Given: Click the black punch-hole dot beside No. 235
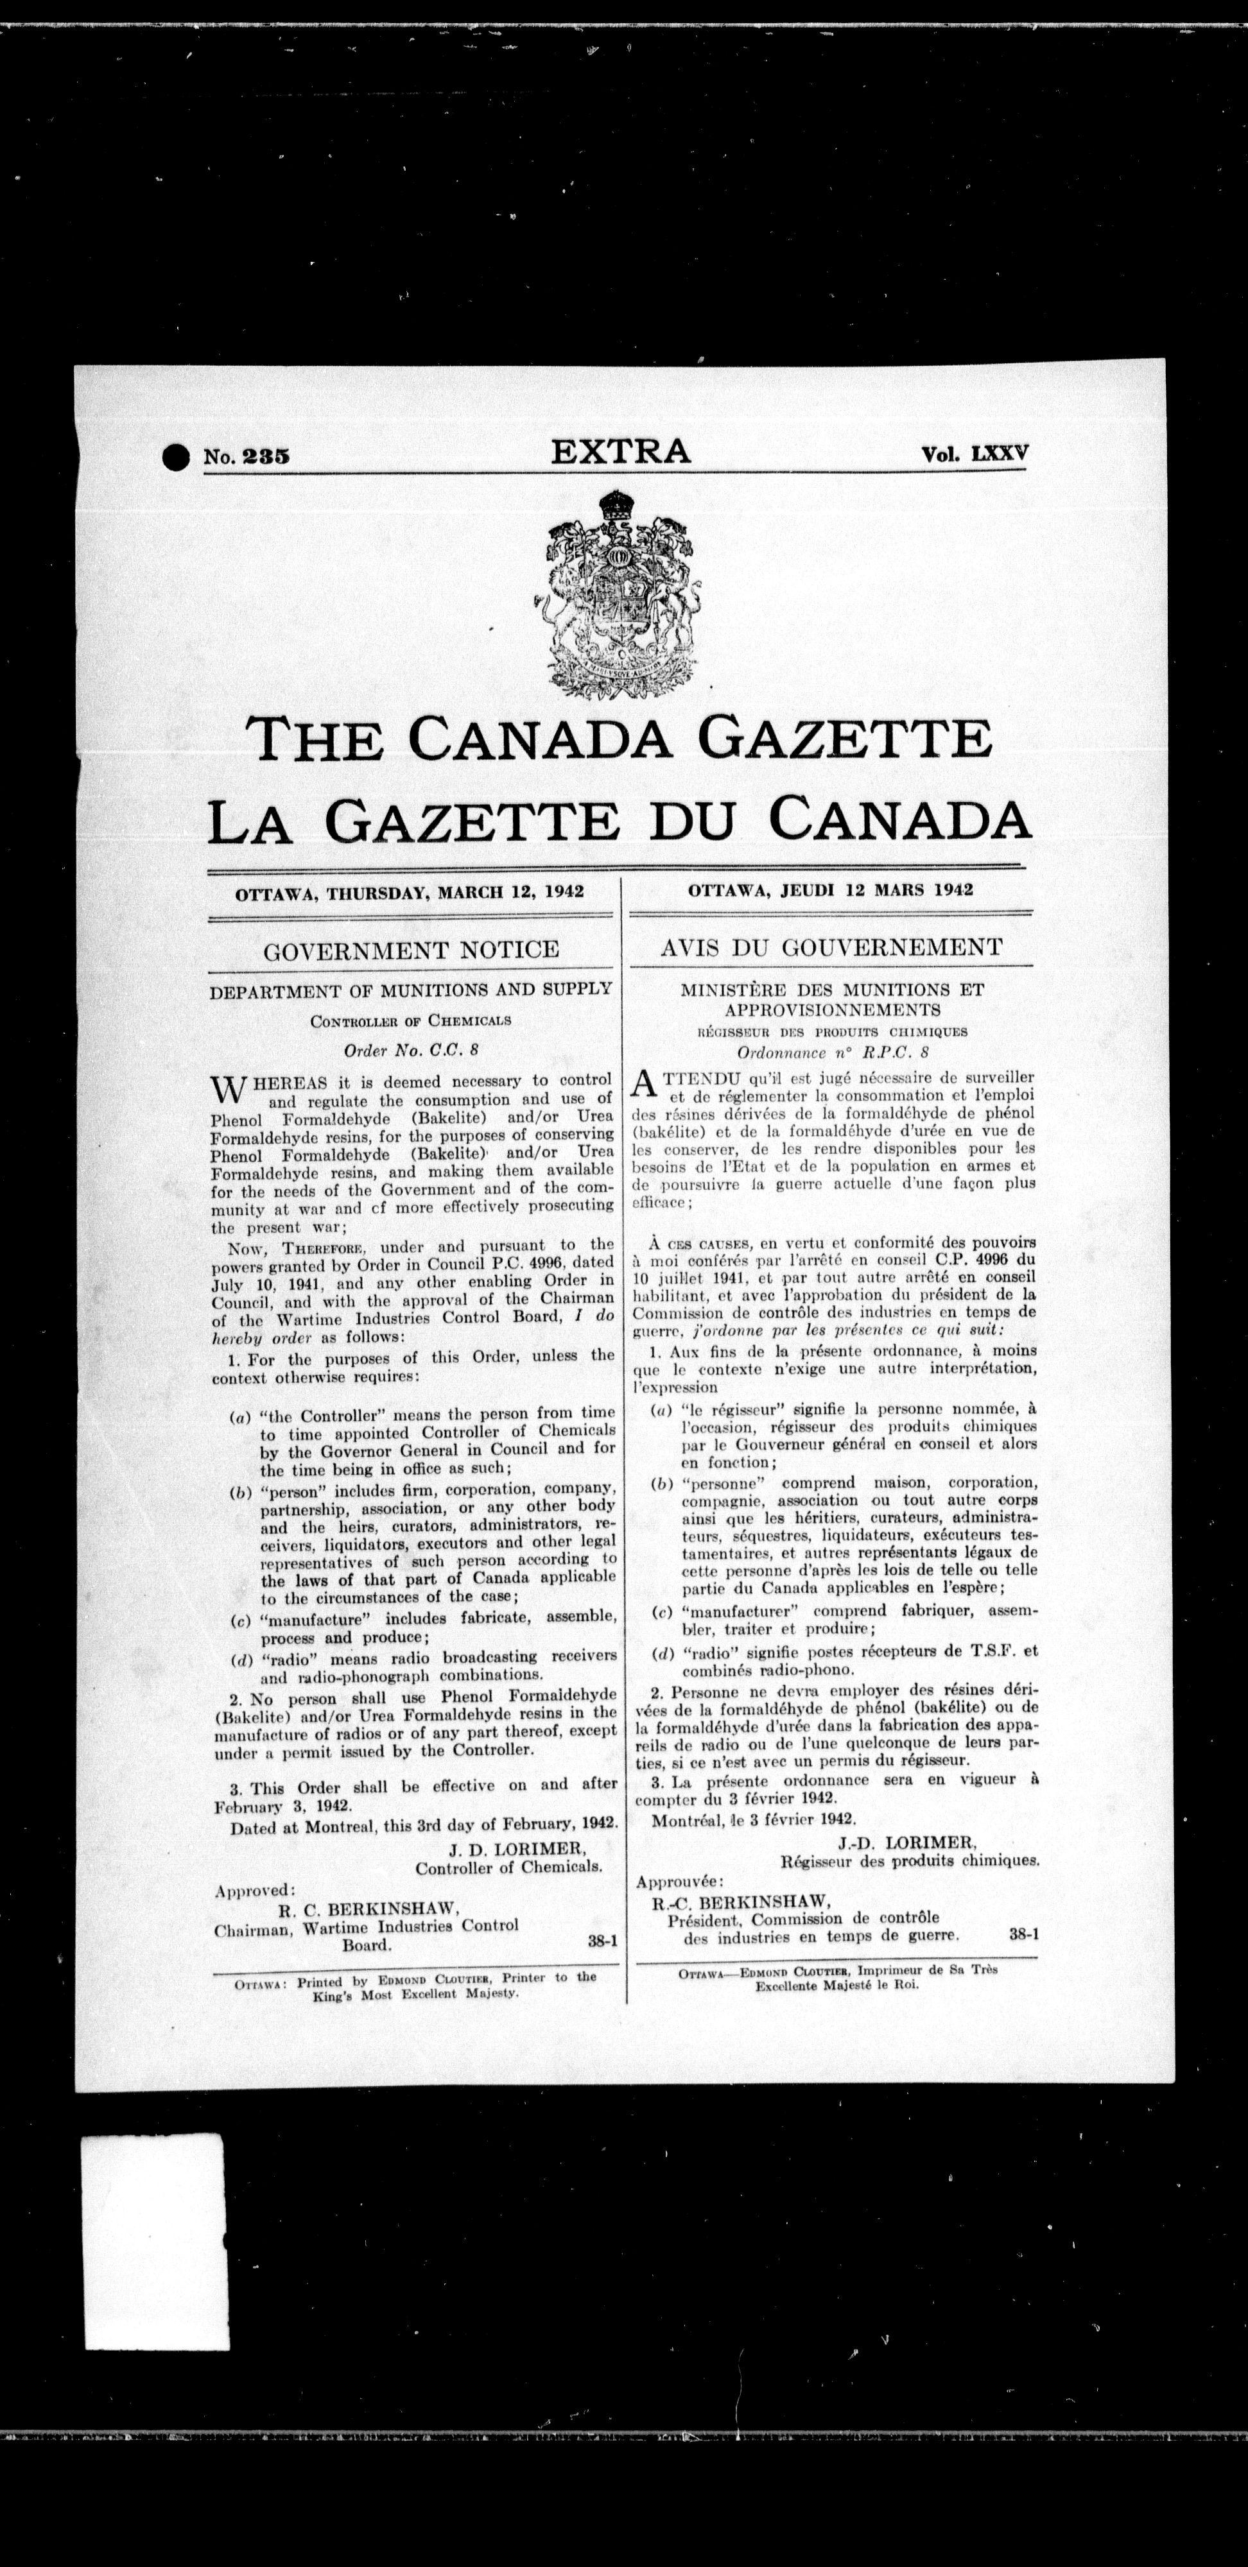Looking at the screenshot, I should [x=175, y=458].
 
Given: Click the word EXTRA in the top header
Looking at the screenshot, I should [x=621, y=451].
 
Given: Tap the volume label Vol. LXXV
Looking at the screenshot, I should [x=974, y=454].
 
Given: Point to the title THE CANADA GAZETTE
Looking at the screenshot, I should [x=619, y=739].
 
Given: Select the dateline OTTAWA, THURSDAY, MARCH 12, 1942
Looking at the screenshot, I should [x=410, y=892].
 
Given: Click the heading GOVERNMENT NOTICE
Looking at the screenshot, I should [x=411, y=950].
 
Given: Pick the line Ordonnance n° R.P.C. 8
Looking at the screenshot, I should [x=833, y=1051].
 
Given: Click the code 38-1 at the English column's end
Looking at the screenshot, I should [x=603, y=1941].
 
